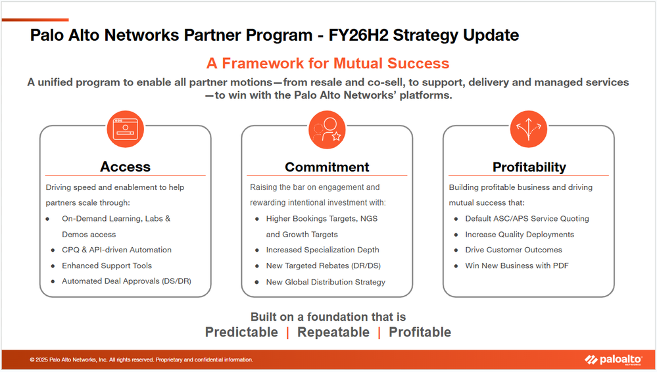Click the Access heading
tap(125, 167)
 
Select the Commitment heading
tap(327, 167)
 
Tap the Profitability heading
tap(529, 167)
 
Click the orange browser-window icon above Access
tap(125, 129)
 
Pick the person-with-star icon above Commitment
tap(327, 129)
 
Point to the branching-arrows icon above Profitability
tap(528, 129)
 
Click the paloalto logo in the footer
tap(614, 360)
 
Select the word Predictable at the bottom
tap(241, 332)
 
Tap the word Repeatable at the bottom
tap(333, 332)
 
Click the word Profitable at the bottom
tap(420, 332)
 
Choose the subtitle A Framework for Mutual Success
tap(328, 63)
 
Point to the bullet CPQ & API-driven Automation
tap(116, 250)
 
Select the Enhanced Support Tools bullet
tap(107, 266)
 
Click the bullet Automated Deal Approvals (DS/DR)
tap(126, 281)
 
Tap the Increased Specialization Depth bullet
tap(323, 250)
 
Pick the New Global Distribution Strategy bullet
tap(326, 282)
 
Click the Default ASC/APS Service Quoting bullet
tap(527, 219)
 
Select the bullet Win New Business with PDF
tap(517, 266)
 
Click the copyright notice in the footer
tap(141, 360)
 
